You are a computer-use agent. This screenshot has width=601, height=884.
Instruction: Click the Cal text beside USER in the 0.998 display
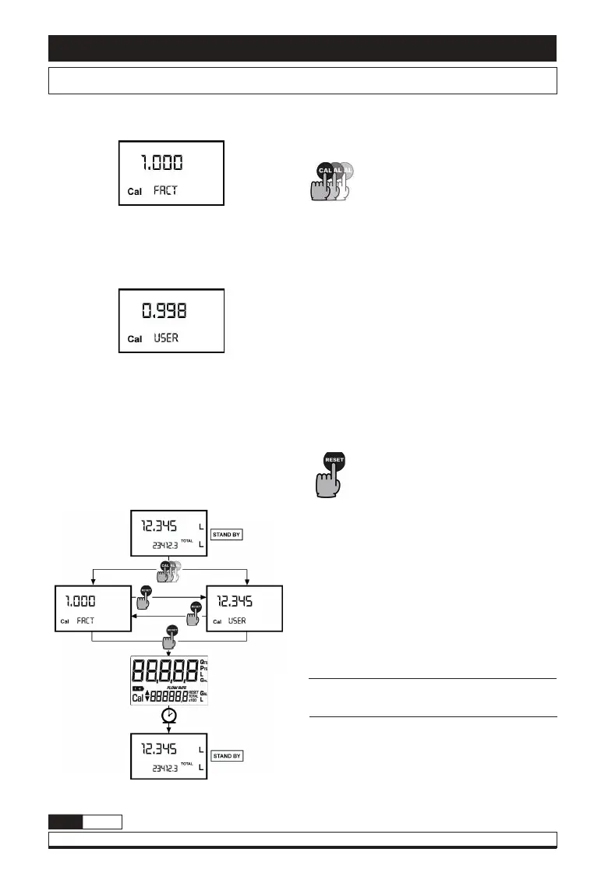(135, 340)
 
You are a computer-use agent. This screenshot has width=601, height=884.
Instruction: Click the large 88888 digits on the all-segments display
(164, 670)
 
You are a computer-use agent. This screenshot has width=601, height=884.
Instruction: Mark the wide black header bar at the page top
(302, 48)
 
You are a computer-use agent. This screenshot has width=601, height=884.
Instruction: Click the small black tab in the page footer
(65, 822)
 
